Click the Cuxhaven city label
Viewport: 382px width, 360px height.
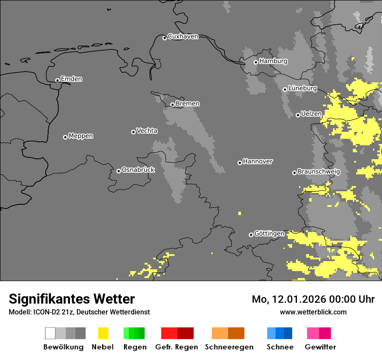(x=183, y=36)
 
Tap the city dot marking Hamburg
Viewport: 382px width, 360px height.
(x=256, y=62)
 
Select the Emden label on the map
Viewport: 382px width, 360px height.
(x=71, y=79)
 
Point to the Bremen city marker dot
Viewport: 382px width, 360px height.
(x=172, y=105)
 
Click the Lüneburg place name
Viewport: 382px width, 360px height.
(x=302, y=88)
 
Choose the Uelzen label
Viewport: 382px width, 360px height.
(x=311, y=114)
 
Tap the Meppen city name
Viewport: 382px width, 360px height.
(x=81, y=136)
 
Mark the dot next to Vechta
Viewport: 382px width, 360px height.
(x=133, y=132)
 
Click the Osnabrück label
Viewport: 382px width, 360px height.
(x=138, y=170)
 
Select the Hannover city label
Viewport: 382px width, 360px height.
(x=257, y=161)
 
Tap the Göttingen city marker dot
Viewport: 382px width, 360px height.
(x=251, y=235)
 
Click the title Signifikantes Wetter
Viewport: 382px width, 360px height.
(x=72, y=299)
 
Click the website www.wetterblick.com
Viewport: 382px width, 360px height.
(x=313, y=312)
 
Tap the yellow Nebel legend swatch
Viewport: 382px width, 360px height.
(x=103, y=333)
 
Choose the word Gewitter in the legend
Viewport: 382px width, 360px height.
(x=320, y=347)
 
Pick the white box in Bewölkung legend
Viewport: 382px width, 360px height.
(x=50, y=333)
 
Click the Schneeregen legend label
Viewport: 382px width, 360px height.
(x=229, y=347)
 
